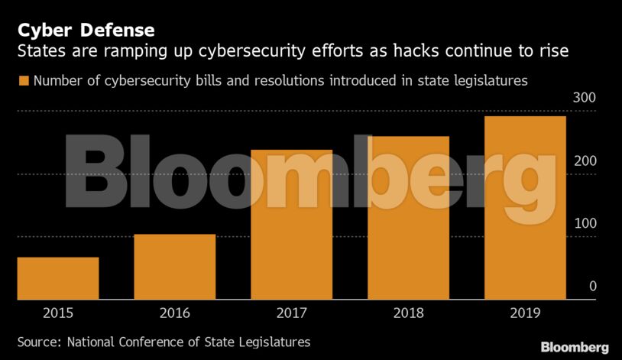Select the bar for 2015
tap(58, 278)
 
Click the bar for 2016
tap(175, 267)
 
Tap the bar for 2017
tap(292, 225)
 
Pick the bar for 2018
tap(409, 218)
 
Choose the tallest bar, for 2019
tap(526, 208)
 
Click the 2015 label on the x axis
tap(58, 313)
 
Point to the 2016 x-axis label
tap(175, 313)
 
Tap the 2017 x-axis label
tap(292, 313)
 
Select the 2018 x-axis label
tap(409, 313)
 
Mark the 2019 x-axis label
tap(526, 313)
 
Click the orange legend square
tap(23, 80)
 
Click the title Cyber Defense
tap(86, 31)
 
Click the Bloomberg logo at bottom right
tap(575, 347)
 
